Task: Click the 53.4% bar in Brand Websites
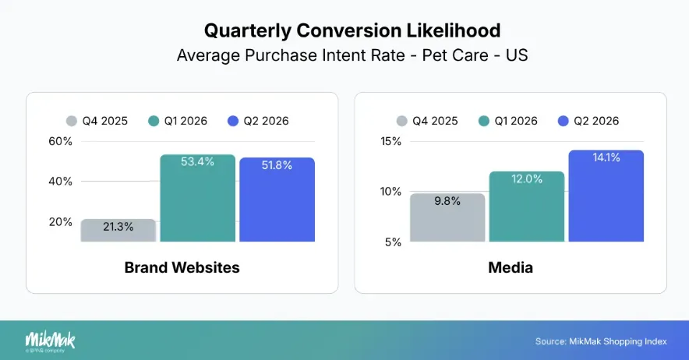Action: click(x=197, y=198)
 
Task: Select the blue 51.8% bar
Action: click(x=277, y=199)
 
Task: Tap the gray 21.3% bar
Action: click(x=118, y=230)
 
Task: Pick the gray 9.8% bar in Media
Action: click(x=447, y=217)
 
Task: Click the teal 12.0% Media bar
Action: click(x=527, y=206)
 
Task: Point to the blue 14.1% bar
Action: click(x=606, y=196)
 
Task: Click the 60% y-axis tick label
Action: click(x=60, y=142)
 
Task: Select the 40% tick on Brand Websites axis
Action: click(x=60, y=181)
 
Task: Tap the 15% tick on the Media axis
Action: click(x=390, y=142)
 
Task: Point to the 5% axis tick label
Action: click(x=393, y=242)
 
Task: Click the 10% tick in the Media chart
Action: click(x=390, y=192)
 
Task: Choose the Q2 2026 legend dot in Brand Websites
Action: click(x=233, y=121)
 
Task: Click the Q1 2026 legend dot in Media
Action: click(x=484, y=121)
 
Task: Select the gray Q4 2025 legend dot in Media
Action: click(x=401, y=121)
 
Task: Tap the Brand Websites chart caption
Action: click(x=182, y=267)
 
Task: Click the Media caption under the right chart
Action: click(x=511, y=267)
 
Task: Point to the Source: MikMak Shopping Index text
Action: click(x=601, y=341)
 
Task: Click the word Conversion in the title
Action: click(x=348, y=30)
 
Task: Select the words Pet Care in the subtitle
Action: click(x=455, y=55)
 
